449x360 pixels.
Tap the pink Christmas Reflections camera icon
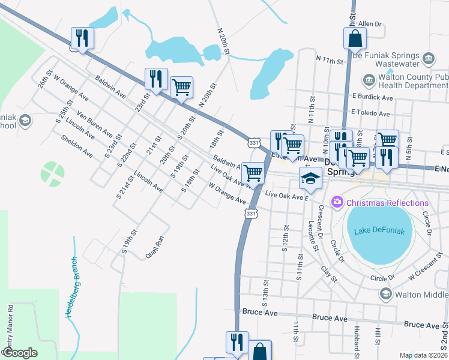[336, 203]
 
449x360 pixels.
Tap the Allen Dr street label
[370, 24]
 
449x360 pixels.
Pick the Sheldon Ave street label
[77, 146]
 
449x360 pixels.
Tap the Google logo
[20, 353]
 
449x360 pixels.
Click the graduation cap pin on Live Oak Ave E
[310, 178]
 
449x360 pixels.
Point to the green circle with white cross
[53, 173]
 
